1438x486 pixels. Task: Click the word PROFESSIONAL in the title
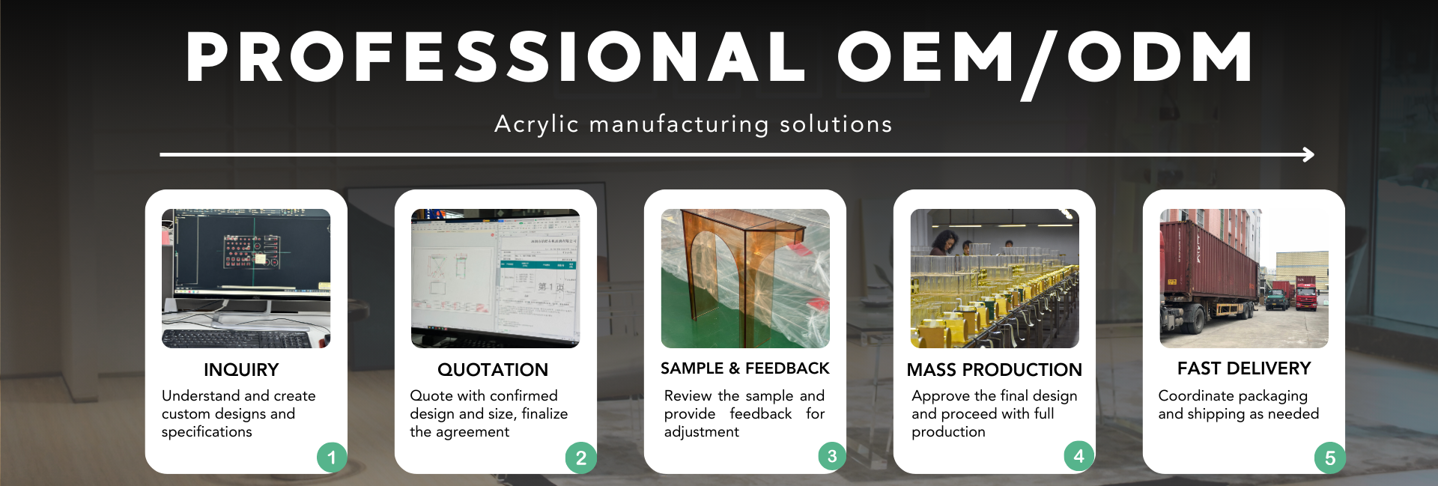pos(496,57)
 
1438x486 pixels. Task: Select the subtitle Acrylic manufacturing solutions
pos(694,124)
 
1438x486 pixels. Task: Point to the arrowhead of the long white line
pos(1309,154)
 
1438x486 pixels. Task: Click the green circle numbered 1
pos(332,457)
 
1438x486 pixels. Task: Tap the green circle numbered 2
pos(581,458)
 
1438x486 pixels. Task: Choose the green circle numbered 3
pos(831,456)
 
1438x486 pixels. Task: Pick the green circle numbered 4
pos(1078,456)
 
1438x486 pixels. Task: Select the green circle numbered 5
pos(1330,458)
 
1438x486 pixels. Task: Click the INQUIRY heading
pos(241,370)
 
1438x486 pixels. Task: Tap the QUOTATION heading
pos(493,370)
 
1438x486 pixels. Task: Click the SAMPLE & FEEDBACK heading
pos(745,368)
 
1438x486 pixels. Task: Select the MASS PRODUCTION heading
pos(995,370)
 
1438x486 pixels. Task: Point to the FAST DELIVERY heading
pos(1244,368)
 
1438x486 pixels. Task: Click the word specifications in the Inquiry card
pos(207,432)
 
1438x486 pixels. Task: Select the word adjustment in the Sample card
pos(702,432)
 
